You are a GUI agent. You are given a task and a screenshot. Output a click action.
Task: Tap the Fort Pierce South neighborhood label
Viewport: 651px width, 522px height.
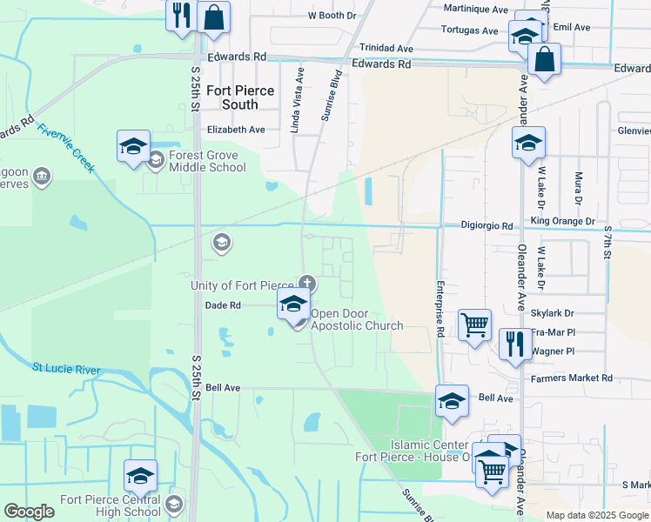click(x=240, y=97)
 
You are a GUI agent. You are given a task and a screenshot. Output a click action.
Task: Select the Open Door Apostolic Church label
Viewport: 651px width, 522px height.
click(x=357, y=320)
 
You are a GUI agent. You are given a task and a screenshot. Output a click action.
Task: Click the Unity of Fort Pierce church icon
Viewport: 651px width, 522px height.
click(x=306, y=282)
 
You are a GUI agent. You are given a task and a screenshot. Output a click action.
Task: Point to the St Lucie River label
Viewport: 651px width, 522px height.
click(x=66, y=369)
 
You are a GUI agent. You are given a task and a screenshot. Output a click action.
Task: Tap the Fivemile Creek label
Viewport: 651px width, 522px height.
click(x=64, y=147)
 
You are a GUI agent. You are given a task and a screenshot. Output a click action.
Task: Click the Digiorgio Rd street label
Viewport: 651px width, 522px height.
click(x=487, y=225)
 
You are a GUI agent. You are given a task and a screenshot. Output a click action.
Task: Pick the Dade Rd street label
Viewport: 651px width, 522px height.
click(x=222, y=305)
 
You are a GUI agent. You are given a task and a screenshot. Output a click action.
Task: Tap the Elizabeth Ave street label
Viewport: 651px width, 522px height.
click(x=235, y=130)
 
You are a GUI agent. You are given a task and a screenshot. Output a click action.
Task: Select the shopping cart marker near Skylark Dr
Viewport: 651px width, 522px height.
click(x=474, y=326)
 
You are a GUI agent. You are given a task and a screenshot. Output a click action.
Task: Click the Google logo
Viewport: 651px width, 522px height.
click(x=30, y=512)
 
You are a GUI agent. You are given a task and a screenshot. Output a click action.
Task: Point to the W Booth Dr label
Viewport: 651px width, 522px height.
click(x=332, y=16)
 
